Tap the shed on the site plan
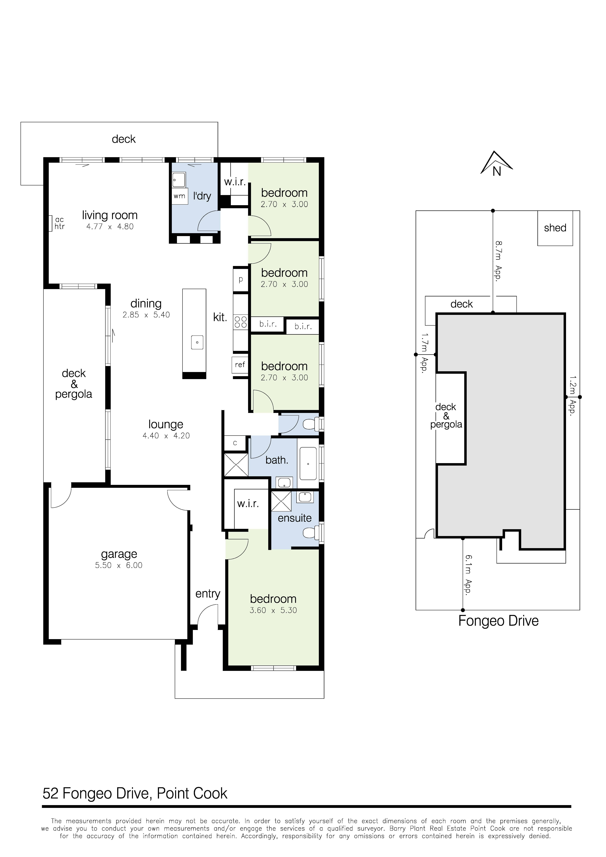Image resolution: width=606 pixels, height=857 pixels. click(x=555, y=228)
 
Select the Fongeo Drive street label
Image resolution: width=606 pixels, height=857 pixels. click(x=498, y=621)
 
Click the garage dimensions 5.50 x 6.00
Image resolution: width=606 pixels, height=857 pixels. click(x=119, y=565)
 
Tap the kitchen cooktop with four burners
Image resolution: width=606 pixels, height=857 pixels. click(x=240, y=322)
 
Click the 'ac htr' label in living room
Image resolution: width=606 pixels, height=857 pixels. click(x=59, y=223)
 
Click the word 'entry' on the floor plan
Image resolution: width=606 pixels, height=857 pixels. click(x=208, y=594)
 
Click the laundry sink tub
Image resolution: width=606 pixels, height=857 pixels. click(x=179, y=180)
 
